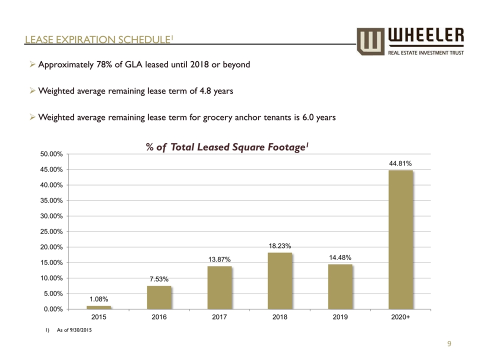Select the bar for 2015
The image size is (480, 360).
pos(99,307)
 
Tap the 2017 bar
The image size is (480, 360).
pos(219,287)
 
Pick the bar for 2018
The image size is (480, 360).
pos(280,280)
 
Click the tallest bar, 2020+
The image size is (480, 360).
pos(400,239)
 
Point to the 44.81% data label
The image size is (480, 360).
pos(400,163)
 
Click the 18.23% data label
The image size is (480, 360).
pos(280,245)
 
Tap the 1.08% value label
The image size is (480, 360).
pos(99,298)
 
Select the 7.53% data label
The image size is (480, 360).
pos(159,278)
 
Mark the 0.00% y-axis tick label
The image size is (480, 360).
pos(52,309)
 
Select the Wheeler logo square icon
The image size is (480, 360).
pos(370,41)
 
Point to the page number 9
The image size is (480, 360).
pos(449,343)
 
